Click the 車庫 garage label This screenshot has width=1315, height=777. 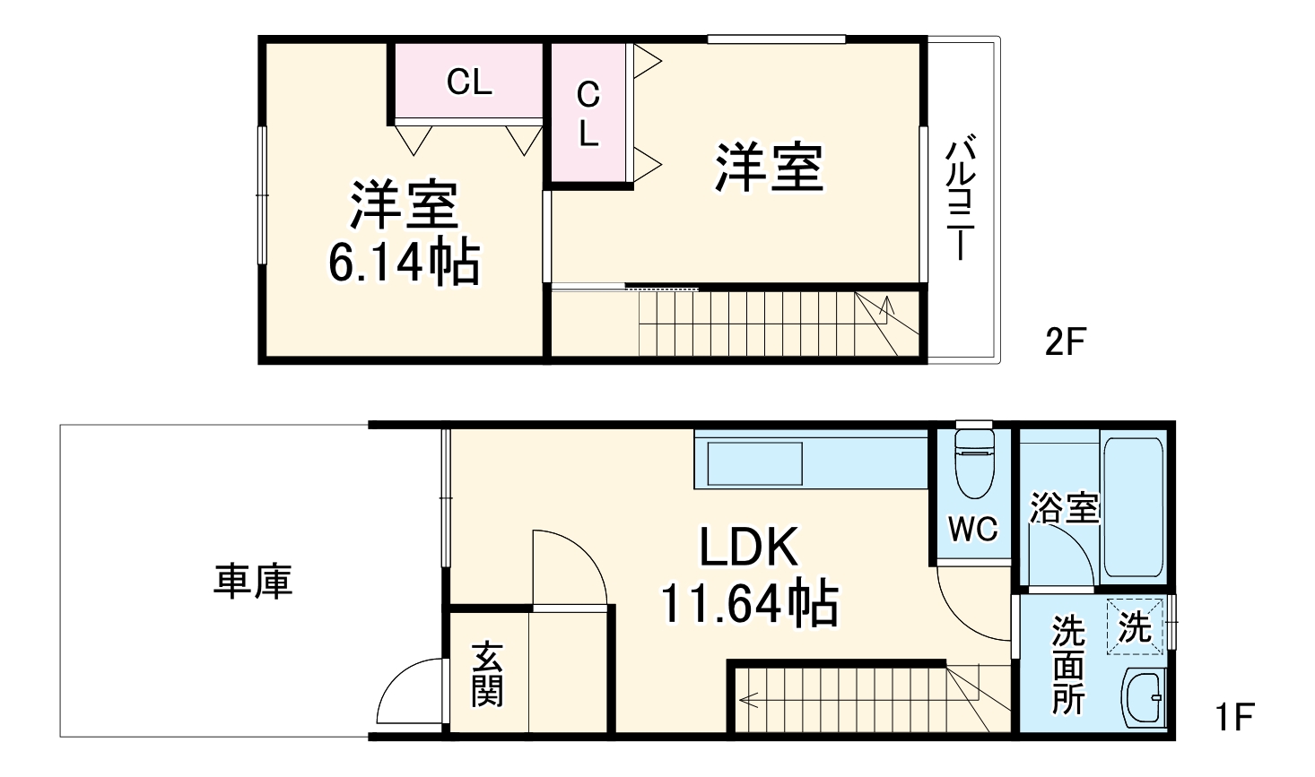(x=253, y=581)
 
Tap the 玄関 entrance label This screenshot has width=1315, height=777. (x=487, y=674)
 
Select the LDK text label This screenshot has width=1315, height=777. (x=748, y=548)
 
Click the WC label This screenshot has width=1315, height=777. (x=973, y=530)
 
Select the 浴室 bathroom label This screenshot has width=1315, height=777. (x=1064, y=508)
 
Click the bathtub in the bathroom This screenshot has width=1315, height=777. (x=1133, y=506)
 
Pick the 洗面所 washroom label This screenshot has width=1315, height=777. (x=1068, y=664)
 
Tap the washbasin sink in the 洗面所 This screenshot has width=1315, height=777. (x=1144, y=698)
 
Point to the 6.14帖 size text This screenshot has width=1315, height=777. (x=404, y=263)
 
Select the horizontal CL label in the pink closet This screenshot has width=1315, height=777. (x=469, y=82)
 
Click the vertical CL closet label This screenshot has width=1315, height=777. (x=588, y=114)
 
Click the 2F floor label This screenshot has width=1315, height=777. (x=1066, y=341)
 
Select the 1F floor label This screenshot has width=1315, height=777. (x=1233, y=717)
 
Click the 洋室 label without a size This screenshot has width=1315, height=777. (x=769, y=168)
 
